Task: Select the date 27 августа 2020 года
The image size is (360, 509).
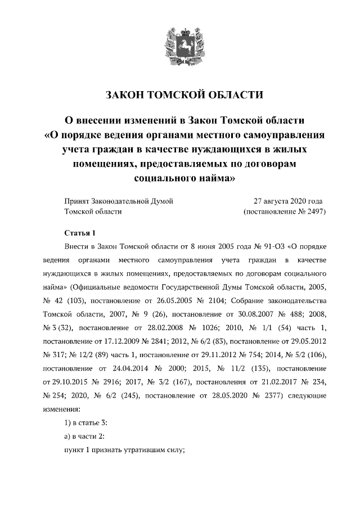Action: click(x=288, y=201)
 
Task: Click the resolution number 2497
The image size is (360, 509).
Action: click(x=314, y=212)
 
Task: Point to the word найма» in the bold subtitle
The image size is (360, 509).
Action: click(x=214, y=181)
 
